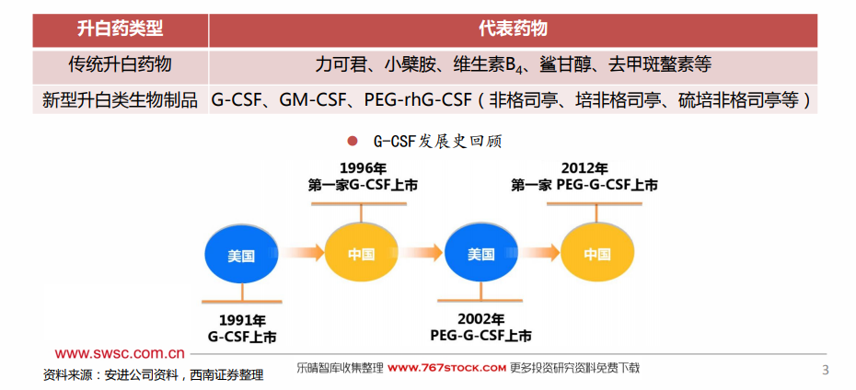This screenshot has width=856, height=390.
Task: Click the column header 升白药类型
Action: click(x=120, y=29)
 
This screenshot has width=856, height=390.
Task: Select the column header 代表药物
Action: click(x=513, y=29)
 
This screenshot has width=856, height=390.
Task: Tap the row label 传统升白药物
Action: click(x=120, y=65)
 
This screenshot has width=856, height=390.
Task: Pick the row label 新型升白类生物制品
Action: click(x=120, y=100)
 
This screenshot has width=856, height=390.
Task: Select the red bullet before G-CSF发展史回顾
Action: click(x=353, y=142)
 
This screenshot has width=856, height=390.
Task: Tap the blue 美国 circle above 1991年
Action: click(x=241, y=255)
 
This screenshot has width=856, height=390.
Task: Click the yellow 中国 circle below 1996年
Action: click(x=361, y=253)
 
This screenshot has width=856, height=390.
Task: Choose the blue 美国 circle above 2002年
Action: click(x=481, y=254)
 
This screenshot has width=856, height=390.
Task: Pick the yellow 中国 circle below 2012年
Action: click(x=597, y=253)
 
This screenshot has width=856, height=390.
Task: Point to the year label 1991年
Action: click(x=242, y=320)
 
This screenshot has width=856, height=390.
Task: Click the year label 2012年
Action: click(x=584, y=168)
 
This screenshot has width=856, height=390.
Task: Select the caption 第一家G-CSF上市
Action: click(x=363, y=186)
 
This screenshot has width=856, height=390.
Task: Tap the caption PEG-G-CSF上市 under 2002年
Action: click(x=480, y=335)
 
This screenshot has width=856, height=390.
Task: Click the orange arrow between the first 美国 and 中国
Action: click(x=303, y=253)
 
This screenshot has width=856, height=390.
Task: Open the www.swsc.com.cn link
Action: click(x=120, y=353)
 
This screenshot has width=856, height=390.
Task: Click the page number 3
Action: click(x=825, y=370)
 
